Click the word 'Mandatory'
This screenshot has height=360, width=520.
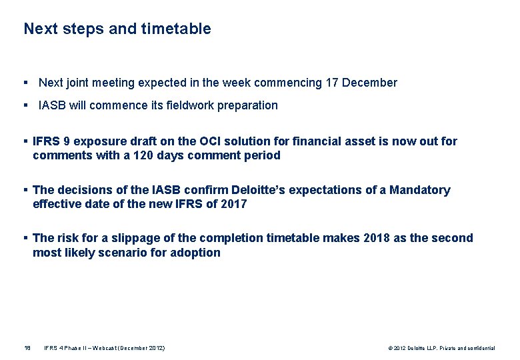click(x=420, y=190)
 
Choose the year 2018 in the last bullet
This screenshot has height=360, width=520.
click(x=378, y=238)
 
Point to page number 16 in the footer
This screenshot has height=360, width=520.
click(x=27, y=348)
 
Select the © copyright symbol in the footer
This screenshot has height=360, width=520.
click(x=389, y=348)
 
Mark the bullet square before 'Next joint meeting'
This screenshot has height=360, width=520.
click(x=25, y=83)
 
